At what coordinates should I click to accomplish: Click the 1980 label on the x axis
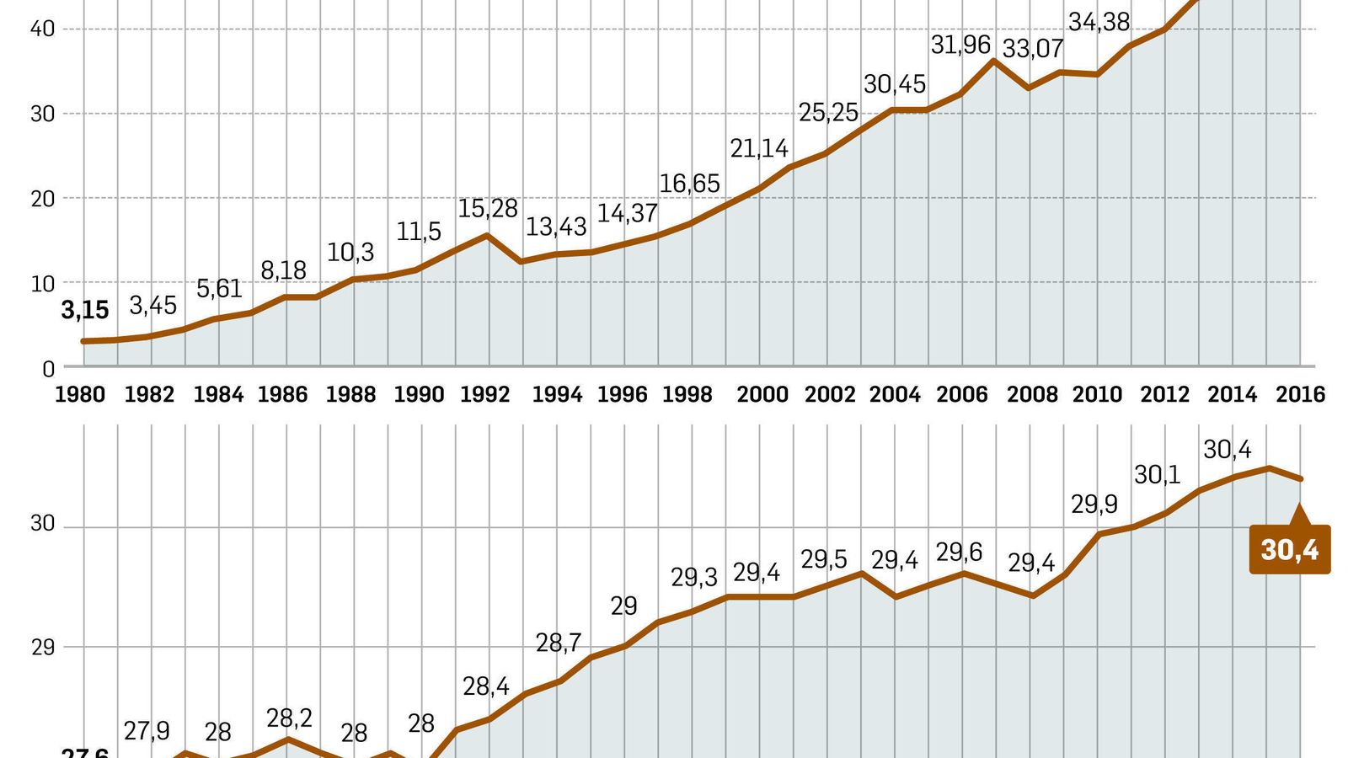coord(80,394)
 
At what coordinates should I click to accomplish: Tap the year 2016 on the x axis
coord(1300,394)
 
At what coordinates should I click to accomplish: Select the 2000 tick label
coord(762,394)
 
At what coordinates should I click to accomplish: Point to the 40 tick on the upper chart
coord(42,29)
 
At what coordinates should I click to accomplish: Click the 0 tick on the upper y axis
coord(48,369)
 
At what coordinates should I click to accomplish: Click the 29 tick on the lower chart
coord(42,648)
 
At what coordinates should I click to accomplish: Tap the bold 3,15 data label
coord(85,311)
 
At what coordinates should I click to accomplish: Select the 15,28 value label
coord(488,209)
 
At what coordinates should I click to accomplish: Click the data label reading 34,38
coord(1099,22)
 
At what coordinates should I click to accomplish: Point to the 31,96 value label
coord(960,45)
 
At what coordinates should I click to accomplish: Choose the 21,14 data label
coord(759,149)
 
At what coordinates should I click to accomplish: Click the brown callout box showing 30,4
coord(1289,550)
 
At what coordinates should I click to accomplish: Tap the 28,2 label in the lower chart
coord(289,718)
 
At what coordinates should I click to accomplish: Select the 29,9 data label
coord(1094,504)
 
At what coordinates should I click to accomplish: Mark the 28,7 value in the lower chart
coord(559,643)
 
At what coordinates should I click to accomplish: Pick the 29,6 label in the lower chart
coord(959,552)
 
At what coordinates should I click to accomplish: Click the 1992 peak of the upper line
coord(487,235)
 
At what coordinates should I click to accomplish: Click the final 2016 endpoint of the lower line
coord(1301,479)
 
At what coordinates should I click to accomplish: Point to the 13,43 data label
coord(556,227)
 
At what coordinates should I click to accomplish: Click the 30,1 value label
coord(1157,475)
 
